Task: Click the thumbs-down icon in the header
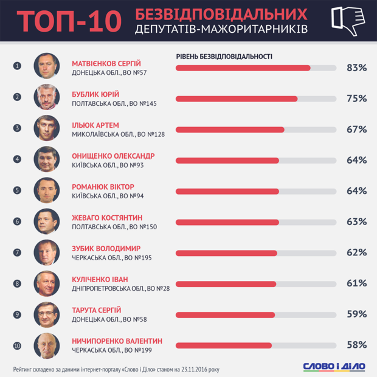(348, 21)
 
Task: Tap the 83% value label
(356, 68)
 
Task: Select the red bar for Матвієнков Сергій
(243, 68)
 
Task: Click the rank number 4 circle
(17, 159)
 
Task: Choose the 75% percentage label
(356, 99)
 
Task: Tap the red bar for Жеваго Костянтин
(227, 222)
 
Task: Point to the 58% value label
(356, 345)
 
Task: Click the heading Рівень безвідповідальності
(224, 57)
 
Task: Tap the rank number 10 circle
(17, 346)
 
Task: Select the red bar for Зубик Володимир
(226, 253)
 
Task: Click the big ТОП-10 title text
(66, 21)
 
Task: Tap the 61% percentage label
(356, 283)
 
